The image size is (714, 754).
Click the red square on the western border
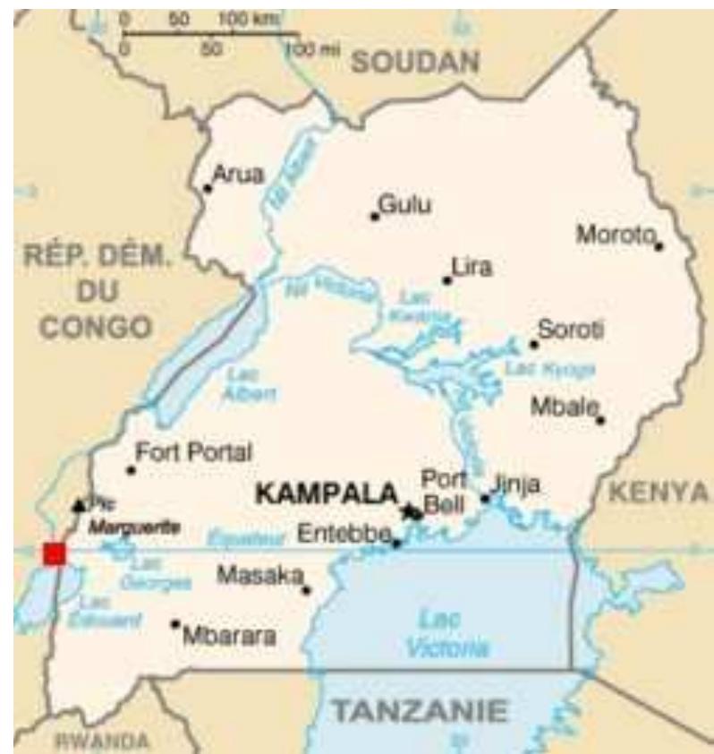pyautogui.click(x=54, y=553)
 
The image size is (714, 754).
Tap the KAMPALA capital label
pyautogui.click(x=327, y=493)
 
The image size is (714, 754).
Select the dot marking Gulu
pyautogui.click(x=374, y=215)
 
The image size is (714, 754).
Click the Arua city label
pyautogui.click(x=238, y=175)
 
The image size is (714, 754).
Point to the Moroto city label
pyautogui.click(x=615, y=235)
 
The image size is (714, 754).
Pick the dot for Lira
pyautogui.click(x=446, y=280)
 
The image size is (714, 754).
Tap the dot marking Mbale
pyautogui.click(x=600, y=419)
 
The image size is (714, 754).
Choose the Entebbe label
pyautogui.click(x=344, y=534)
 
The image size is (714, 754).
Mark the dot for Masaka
pyautogui.click(x=306, y=589)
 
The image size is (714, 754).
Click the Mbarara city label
pyautogui.click(x=228, y=638)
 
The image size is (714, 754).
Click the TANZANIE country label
pyautogui.click(x=421, y=712)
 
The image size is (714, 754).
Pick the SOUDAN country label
pyautogui.click(x=415, y=62)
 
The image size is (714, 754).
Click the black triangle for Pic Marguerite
pyautogui.click(x=79, y=505)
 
